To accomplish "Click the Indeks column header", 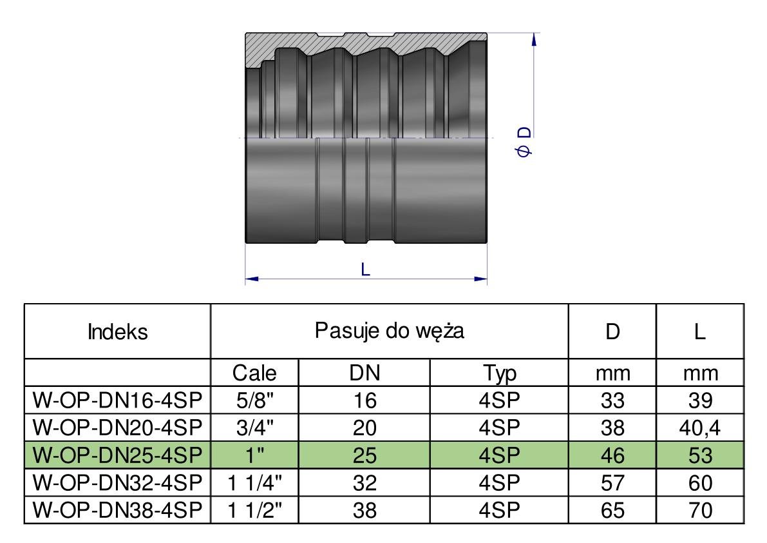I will coord(117,332).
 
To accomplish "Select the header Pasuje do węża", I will coord(390,331).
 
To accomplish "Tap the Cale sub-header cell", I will coord(254,373).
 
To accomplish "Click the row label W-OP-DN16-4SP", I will coord(117,401).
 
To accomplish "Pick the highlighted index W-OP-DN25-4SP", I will coord(117,456).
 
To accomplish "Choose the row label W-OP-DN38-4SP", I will coord(117,510).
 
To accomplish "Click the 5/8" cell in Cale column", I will coord(254,401).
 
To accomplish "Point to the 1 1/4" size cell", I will coord(254,483).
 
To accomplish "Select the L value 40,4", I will coord(700,428).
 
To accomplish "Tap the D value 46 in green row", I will coord(612,456).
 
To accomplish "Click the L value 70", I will coord(700,510).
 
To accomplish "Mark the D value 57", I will coord(612,483).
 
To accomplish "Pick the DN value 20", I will coord(364,428).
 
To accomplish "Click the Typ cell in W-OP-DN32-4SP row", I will coord(499,483).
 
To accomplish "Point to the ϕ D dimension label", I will coord(525,143).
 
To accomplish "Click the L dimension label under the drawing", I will coord(365,270).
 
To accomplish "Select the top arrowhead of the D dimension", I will coord(533,39).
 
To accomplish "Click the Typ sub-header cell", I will coord(499,373).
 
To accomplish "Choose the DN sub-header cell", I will coord(364,373).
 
